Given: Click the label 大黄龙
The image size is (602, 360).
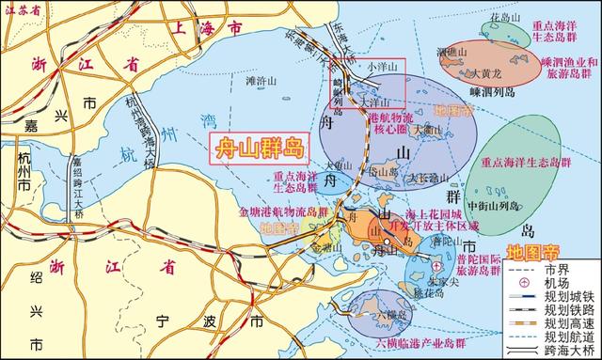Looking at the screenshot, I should (488, 70).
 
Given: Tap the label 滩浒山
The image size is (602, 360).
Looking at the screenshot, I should (263, 81).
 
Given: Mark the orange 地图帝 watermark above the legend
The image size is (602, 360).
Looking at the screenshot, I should (532, 251).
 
